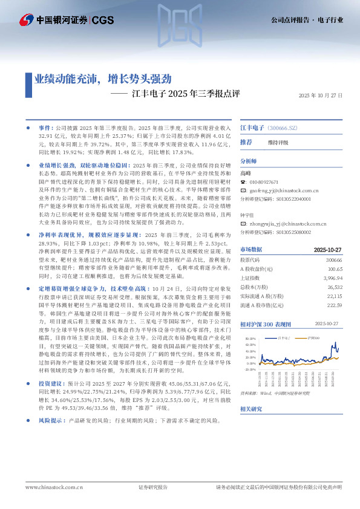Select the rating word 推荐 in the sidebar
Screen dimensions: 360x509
(246, 142)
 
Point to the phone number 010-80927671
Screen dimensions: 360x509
(264, 182)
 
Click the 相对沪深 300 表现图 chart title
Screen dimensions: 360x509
(268, 325)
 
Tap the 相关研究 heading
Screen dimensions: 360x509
(251, 409)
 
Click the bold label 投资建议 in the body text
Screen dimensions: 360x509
(50, 384)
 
